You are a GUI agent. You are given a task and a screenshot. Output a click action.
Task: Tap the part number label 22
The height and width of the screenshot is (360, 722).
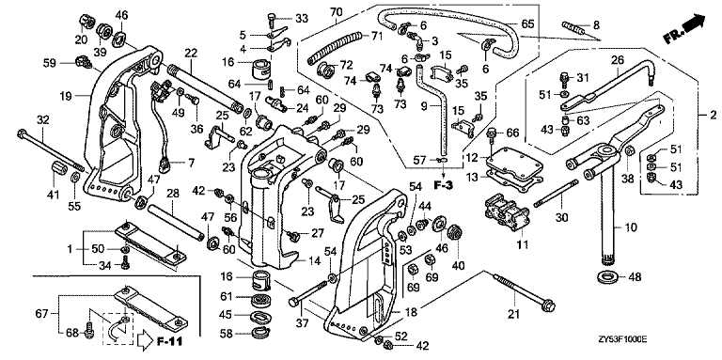(x=191, y=53)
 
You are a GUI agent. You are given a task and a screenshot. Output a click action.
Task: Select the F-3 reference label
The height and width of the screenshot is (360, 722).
(x=443, y=186)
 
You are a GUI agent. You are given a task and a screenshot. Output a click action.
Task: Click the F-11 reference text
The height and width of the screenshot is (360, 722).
(x=169, y=341)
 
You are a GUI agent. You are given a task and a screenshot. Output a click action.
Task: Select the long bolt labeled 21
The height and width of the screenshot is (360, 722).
(x=524, y=290)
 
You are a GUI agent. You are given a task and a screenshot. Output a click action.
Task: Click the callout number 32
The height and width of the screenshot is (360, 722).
(x=42, y=121)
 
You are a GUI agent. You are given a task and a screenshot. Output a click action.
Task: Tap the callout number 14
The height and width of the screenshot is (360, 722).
(x=315, y=261)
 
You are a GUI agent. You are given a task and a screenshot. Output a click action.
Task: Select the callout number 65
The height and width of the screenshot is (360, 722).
(x=527, y=23)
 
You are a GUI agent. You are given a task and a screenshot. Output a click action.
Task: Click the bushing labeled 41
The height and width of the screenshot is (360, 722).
(x=58, y=171)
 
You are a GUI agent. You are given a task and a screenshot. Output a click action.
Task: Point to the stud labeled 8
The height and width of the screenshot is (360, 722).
(x=573, y=30)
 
